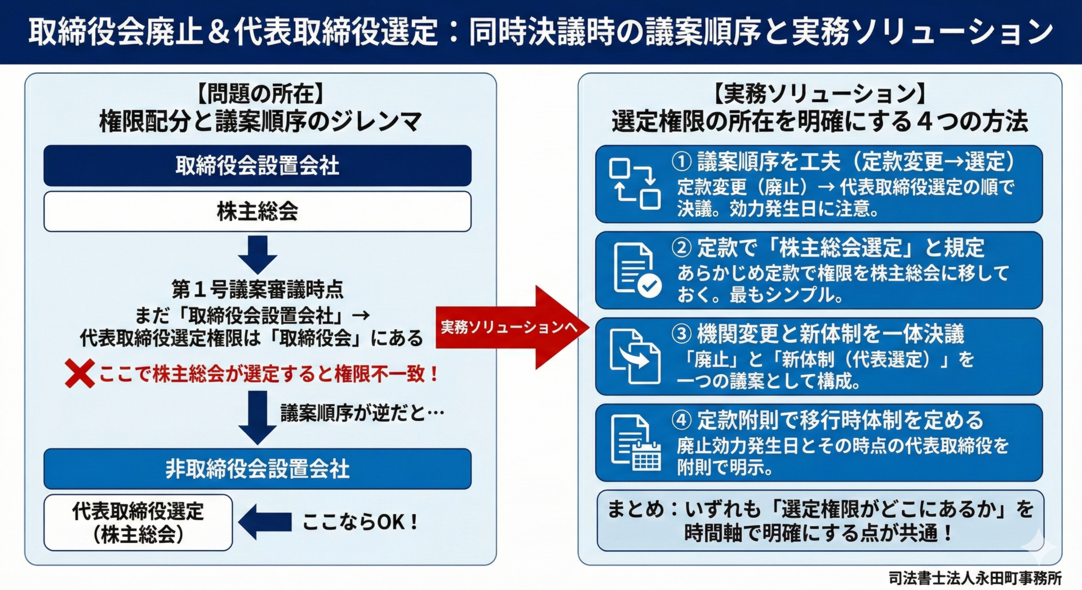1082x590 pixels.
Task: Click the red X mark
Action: click(x=79, y=374)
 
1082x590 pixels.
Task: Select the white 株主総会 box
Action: click(x=258, y=211)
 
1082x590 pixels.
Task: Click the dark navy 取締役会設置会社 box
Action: click(x=258, y=166)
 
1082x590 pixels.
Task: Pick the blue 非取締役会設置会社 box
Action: click(x=258, y=468)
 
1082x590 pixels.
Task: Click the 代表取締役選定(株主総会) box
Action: click(x=138, y=522)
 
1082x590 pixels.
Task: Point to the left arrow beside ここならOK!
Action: click(x=265, y=522)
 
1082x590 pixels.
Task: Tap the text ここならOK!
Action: click(x=361, y=522)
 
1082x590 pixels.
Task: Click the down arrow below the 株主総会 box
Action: click(x=258, y=255)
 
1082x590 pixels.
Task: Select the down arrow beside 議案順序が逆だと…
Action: click(x=258, y=417)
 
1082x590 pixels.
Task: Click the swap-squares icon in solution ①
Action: click(x=635, y=184)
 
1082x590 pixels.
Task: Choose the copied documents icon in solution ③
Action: click(x=635, y=357)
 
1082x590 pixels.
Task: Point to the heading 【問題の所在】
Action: click(x=260, y=94)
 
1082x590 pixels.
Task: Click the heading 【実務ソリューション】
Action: click(x=820, y=94)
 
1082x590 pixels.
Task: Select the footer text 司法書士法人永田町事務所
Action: click(x=975, y=578)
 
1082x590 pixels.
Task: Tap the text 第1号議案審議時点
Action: click(x=258, y=290)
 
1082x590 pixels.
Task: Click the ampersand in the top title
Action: click(x=218, y=32)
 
